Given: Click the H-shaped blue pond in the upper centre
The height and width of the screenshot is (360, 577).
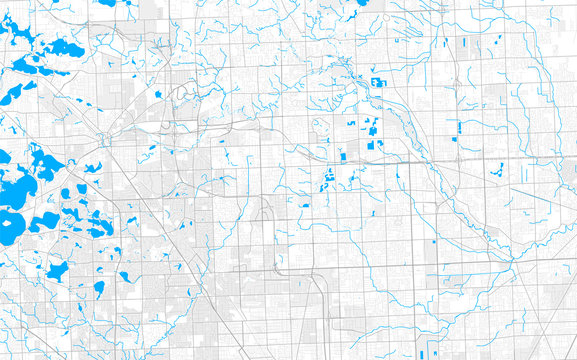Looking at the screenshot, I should (378, 82).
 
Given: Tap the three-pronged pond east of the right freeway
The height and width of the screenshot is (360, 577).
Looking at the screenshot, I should (494, 171).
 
